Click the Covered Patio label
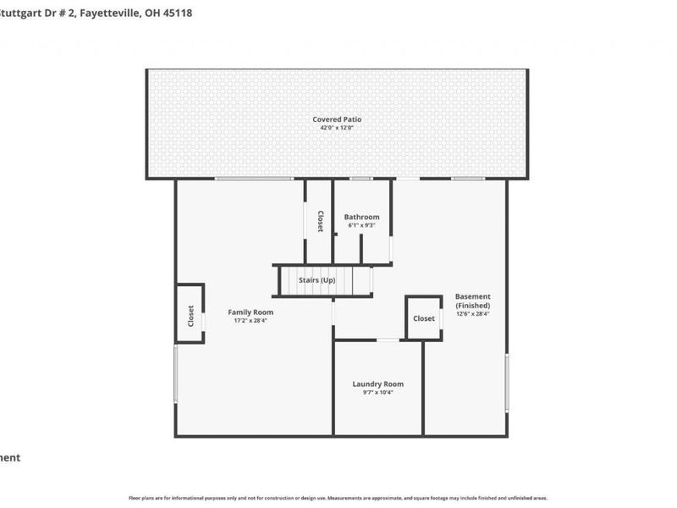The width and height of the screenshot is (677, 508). click(338, 119)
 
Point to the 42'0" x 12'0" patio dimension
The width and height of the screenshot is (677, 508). click(338, 128)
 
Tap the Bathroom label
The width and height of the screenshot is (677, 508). click(361, 217)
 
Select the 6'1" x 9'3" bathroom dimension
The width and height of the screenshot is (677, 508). click(361, 225)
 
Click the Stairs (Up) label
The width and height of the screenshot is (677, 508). click(322, 280)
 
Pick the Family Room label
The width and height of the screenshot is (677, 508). click(250, 312)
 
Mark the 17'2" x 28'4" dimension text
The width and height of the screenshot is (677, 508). click(250, 321)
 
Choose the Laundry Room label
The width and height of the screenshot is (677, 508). click(377, 384)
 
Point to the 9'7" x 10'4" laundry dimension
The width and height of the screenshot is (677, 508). click(377, 392)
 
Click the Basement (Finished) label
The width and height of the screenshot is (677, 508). click(472, 301)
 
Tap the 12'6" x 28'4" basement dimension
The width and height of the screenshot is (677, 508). click(472, 313)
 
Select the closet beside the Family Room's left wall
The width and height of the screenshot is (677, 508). click(190, 315)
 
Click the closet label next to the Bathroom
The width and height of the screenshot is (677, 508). click(320, 221)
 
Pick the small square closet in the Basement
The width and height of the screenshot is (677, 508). click(424, 318)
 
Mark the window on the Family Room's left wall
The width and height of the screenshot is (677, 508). click(176, 373)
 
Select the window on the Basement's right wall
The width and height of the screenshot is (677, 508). click(507, 382)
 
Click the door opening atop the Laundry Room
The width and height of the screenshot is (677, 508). click(388, 340)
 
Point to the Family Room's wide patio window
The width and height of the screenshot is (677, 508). click(253, 179)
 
